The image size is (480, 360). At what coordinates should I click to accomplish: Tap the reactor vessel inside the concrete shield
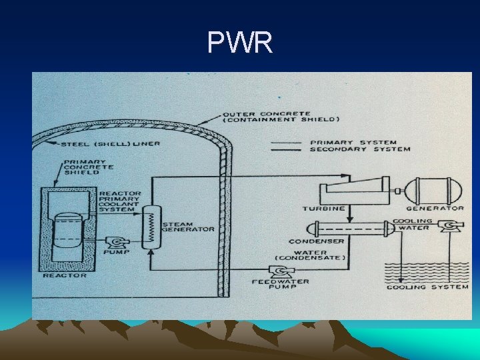click(66, 229)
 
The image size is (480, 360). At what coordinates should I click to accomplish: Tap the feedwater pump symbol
click(275, 270)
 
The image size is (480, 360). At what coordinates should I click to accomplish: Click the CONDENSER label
click(316, 241)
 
